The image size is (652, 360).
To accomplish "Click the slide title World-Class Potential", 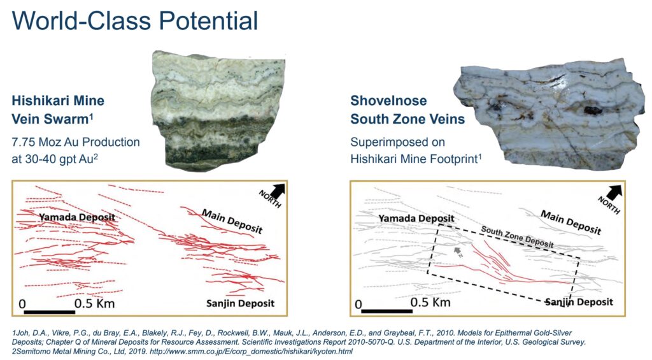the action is point(135,21).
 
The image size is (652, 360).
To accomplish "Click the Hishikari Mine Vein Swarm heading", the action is point(58,110).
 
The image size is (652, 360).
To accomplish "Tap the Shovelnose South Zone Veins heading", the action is point(407,110).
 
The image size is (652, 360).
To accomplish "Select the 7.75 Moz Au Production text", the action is point(76,142).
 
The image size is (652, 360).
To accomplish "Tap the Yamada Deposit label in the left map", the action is point(77,217).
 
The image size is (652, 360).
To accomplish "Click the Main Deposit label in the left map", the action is point(232,221).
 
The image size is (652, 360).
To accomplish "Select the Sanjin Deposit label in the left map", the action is point(240,303).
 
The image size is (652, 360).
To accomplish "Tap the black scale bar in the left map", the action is point(49,312).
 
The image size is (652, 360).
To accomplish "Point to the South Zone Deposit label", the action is point(517,237).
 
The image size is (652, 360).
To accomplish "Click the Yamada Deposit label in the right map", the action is point(416,218).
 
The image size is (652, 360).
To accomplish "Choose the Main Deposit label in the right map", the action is point(570,222).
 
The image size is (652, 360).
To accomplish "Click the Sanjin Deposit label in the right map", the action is point(579,302).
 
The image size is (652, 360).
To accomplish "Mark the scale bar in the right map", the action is point(386,311).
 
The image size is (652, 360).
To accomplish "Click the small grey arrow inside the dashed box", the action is point(458,251).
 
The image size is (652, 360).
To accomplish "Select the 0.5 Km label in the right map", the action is point(430,302).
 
